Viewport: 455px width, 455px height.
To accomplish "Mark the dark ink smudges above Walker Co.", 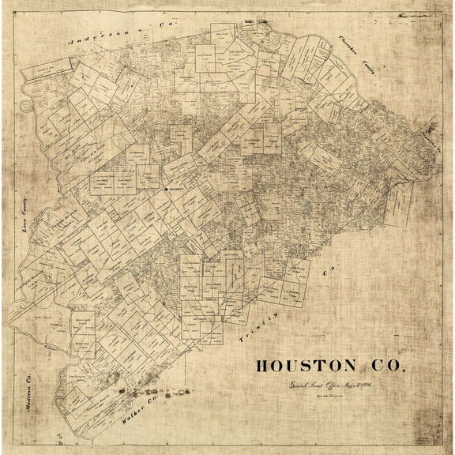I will (154, 391).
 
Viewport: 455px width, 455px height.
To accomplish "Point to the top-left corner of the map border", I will (3, 3).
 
